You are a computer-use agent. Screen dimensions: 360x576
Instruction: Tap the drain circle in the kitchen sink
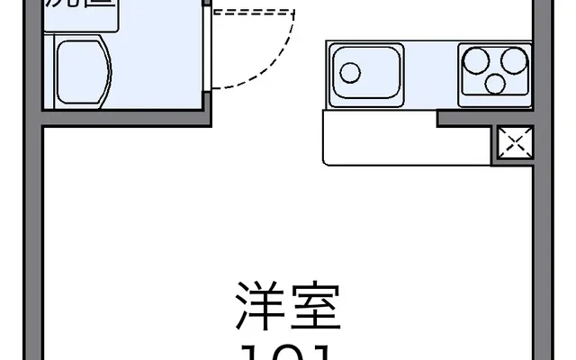[x=349, y=70]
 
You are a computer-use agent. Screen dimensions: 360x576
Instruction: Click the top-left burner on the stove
[x=474, y=61]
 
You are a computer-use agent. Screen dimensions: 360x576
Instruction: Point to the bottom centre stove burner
[x=494, y=84]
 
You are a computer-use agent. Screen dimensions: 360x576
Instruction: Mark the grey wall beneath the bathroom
[x=126, y=118]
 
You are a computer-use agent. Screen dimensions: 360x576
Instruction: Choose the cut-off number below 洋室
[x=288, y=352]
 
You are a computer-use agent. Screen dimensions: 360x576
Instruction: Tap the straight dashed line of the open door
[x=252, y=13]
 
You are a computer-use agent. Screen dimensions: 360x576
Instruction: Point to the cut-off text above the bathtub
[x=81, y=7]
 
